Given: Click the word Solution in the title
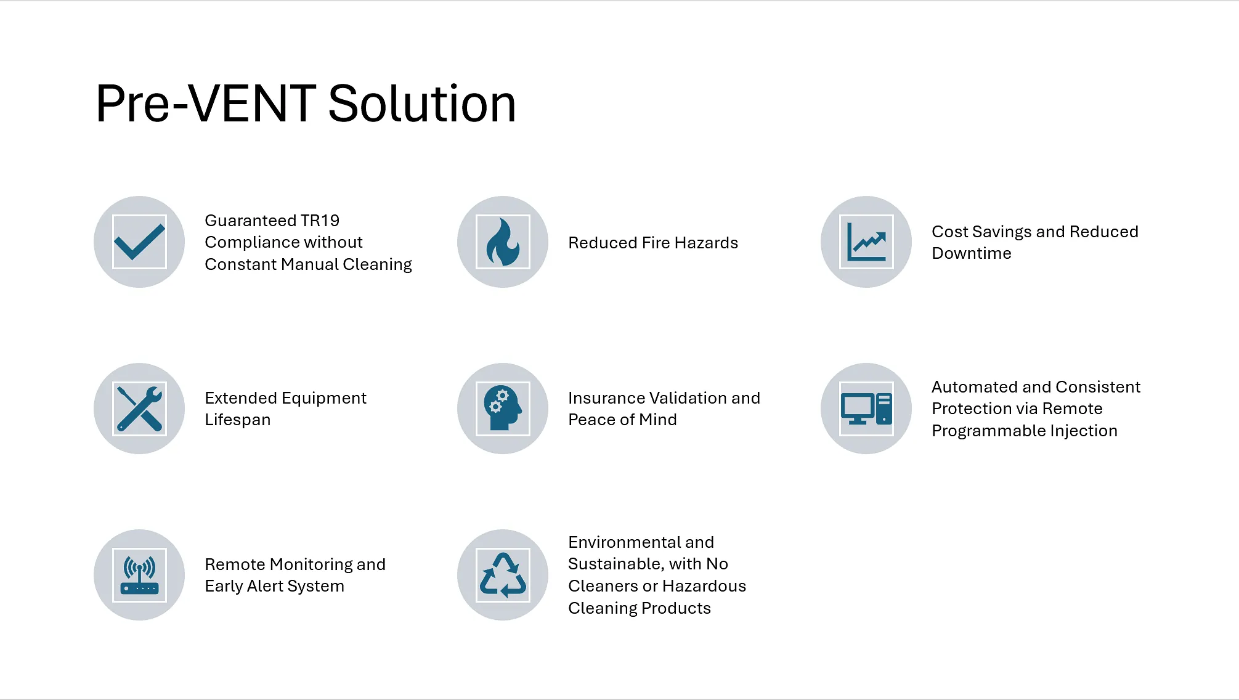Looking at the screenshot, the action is pyautogui.click(x=422, y=104).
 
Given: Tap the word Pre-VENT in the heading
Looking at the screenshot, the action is pyautogui.click(x=206, y=104).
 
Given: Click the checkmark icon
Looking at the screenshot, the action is pyautogui.click(x=139, y=242).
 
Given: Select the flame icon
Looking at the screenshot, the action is pyautogui.click(x=503, y=242).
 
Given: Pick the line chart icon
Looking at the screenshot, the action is pyautogui.click(x=866, y=242).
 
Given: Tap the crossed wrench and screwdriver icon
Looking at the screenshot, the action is pyautogui.click(x=139, y=409).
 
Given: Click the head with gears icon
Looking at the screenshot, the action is pyautogui.click(x=503, y=409).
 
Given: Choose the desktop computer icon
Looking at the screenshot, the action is pyautogui.click(x=866, y=409).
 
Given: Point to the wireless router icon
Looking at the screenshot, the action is pyautogui.click(x=139, y=575).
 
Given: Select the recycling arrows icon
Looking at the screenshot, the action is pyautogui.click(x=503, y=575).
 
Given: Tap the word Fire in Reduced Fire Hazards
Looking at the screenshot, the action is pyautogui.click(x=656, y=243).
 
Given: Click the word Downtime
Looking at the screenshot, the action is pyautogui.click(x=972, y=253).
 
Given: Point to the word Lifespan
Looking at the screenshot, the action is pyautogui.click(x=238, y=420).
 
